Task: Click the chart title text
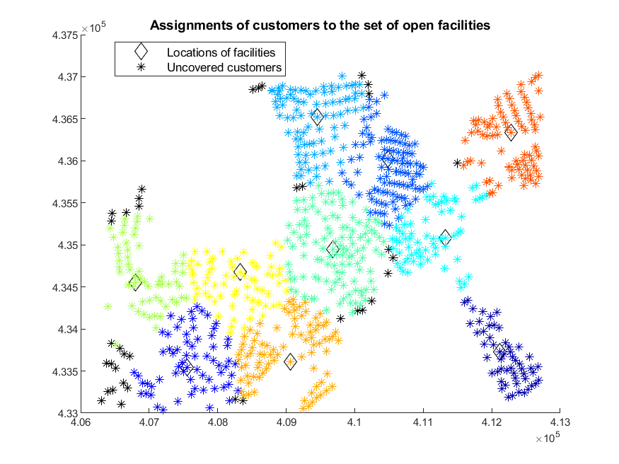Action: click(320, 25)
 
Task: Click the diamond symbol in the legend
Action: click(141, 52)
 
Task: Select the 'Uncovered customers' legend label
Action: click(224, 67)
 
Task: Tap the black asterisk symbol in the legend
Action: click(141, 67)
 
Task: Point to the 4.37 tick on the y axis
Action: click(66, 77)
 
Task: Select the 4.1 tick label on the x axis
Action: click(354, 422)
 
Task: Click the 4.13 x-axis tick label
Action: click(560, 422)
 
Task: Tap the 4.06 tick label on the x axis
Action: click(81, 422)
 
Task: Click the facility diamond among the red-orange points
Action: click(511, 132)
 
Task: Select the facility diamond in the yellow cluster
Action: click(240, 272)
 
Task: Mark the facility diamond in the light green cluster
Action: click(135, 282)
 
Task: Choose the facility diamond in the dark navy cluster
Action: click(499, 350)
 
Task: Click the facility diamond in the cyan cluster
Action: click(445, 238)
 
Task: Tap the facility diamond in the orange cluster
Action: click(291, 361)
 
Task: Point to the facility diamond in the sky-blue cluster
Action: click(317, 117)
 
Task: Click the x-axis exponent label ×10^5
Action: click(548, 437)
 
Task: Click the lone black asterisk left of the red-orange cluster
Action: click(457, 163)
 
